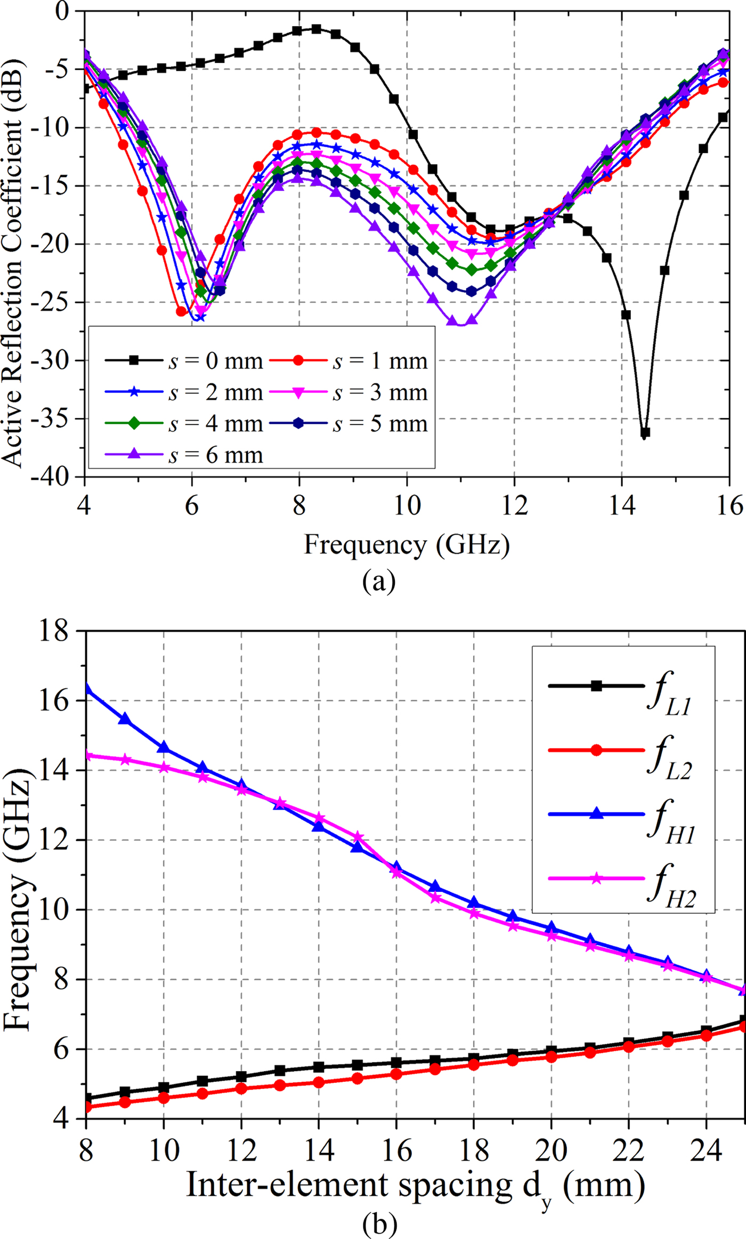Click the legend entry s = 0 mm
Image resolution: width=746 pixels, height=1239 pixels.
184,361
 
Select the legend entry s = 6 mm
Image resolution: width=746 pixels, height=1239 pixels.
184,455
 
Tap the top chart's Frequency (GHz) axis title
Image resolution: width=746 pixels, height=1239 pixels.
407,545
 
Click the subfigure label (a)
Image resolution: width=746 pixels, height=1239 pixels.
379,581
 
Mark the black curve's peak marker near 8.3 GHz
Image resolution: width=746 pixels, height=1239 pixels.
317,29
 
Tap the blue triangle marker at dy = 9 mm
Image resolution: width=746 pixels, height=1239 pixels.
125,719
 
